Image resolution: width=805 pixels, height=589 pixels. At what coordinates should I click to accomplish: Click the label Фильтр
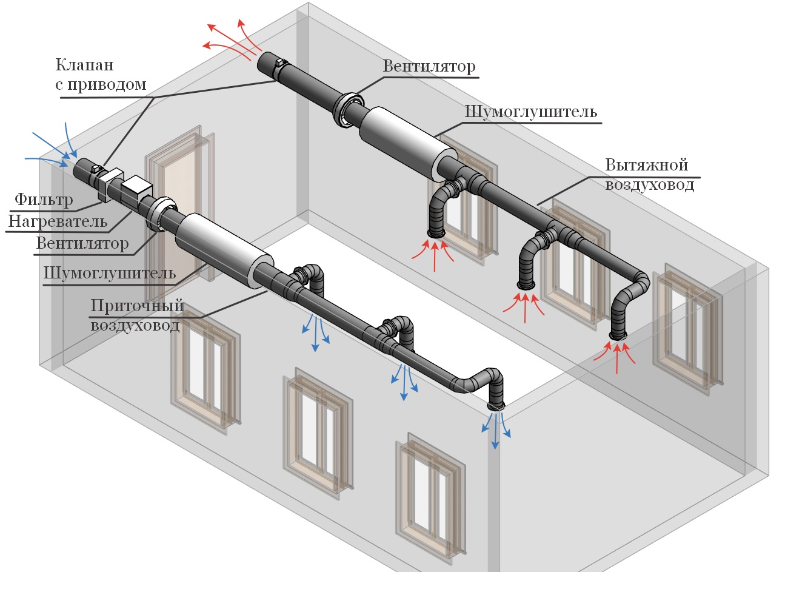[x=44, y=200]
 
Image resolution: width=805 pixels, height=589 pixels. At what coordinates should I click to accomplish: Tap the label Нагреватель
[x=58, y=221]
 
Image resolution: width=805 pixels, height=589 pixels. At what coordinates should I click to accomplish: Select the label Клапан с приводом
[x=101, y=75]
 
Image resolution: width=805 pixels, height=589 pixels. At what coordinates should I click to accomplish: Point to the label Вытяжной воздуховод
[x=649, y=174]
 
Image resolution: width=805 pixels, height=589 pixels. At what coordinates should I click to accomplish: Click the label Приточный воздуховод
[x=136, y=315]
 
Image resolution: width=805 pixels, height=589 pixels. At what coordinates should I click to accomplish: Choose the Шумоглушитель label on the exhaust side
[x=530, y=112]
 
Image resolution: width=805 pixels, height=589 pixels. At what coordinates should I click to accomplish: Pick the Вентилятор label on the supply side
[x=82, y=244]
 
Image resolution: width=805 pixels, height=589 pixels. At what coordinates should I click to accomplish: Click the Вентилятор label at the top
[x=429, y=66]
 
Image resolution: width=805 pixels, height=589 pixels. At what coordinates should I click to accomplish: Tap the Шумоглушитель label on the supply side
[x=109, y=274]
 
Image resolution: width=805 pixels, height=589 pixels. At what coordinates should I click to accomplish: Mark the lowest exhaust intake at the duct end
[x=618, y=335]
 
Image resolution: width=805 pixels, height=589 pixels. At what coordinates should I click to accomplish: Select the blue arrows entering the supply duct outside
[x=55, y=149]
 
